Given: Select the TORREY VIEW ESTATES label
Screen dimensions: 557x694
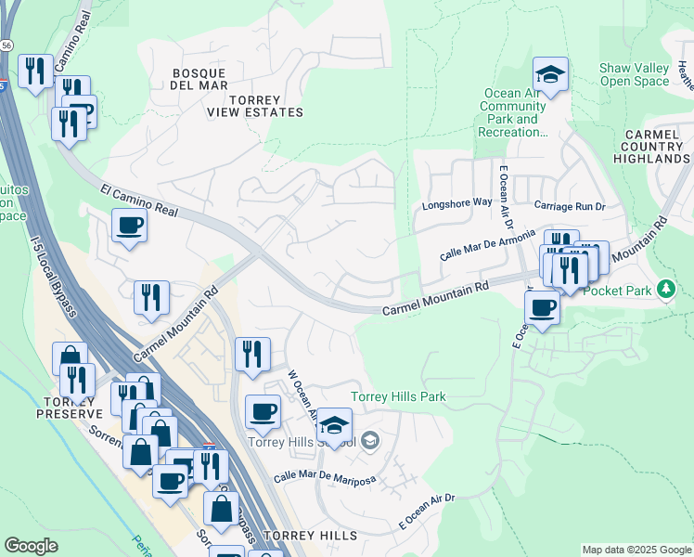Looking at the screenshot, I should click(x=254, y=105).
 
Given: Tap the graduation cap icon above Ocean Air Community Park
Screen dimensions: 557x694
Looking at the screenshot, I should click(x=550, y=73).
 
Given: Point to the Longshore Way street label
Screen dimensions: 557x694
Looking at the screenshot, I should click(x=456, y=202).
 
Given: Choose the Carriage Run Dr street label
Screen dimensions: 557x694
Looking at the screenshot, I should click(x=569, y=204).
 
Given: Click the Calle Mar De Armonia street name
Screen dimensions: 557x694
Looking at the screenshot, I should click(x=488, y=245).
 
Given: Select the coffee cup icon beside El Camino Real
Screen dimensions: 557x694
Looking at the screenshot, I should click(x=129, y=224).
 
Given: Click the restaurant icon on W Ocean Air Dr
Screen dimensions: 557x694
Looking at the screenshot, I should click(x=252, y=353).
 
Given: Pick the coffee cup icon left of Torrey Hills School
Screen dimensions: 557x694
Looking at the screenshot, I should click(x=263, y=411).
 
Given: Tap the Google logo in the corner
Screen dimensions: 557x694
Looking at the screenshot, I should click(x=31, y=546).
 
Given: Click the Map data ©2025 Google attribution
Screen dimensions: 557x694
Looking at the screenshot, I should click(x=636, y=550).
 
